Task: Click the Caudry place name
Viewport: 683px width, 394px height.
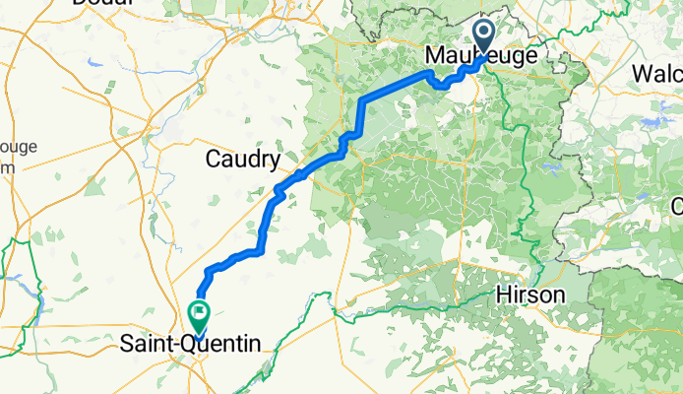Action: pyautogui.click(x=243, y=159)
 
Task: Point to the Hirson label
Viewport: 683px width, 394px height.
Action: pyautogui.click(x=530, y=295)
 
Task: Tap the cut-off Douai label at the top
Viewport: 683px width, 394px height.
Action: pyautogui.click(x=101, y=4)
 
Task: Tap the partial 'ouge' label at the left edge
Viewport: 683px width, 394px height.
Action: pyautogui.click(x=16, y=148)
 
